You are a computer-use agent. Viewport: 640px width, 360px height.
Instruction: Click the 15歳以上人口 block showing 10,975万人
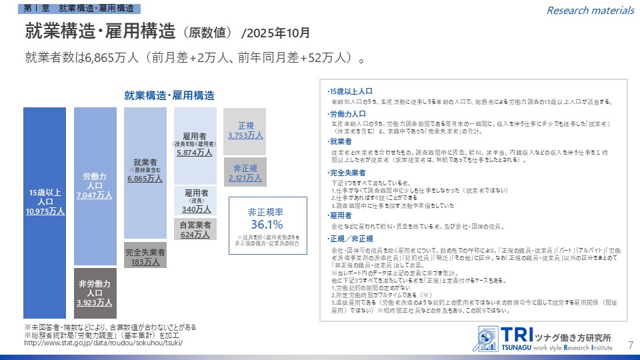click(x=45, y=203)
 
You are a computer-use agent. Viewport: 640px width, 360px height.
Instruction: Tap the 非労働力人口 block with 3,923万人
click(x=95, y=293)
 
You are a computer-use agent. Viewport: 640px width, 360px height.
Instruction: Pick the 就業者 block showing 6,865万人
click(x=145, y=171)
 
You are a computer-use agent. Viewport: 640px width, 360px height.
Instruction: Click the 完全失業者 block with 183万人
click(x=145, y=257)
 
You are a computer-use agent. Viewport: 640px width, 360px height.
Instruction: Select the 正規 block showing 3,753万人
click(x=245, y=131)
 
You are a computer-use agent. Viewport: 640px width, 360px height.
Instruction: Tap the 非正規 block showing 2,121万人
click(x=245, y=172)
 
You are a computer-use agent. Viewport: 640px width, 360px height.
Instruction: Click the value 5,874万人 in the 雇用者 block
click(x=195, y=153)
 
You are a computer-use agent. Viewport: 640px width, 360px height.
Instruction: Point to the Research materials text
click(x=590, y=10)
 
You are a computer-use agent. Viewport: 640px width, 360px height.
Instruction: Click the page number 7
click(x=631, y=345)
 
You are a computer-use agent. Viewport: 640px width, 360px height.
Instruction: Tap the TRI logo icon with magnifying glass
click(x=488, y=338)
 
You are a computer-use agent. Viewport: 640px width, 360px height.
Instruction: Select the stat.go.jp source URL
click(x=102, y=343)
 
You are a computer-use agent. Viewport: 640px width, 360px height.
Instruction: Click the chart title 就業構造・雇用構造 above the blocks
click(x=169, y=95)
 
